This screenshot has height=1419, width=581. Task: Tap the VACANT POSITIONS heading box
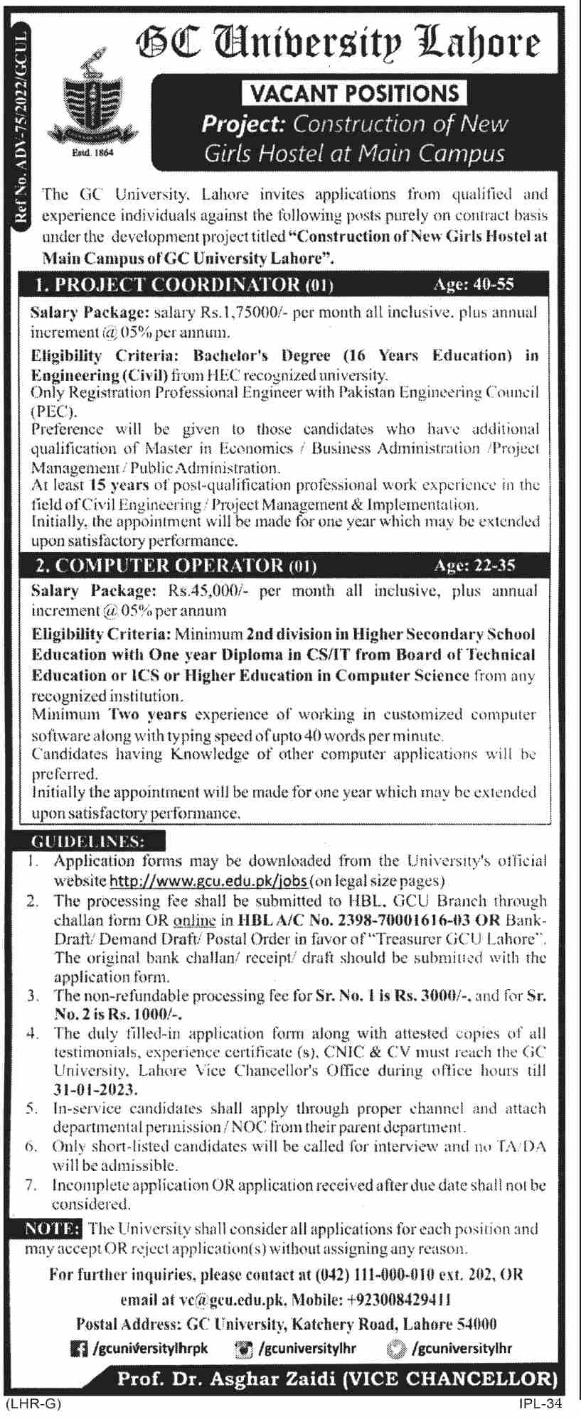353,92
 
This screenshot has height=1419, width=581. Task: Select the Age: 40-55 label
472,285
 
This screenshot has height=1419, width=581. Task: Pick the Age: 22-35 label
473,566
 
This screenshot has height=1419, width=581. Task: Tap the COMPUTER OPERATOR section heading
176,566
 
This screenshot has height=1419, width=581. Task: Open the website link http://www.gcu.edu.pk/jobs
208,881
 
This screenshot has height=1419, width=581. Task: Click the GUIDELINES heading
87,842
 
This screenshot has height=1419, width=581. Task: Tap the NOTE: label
53,1229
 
